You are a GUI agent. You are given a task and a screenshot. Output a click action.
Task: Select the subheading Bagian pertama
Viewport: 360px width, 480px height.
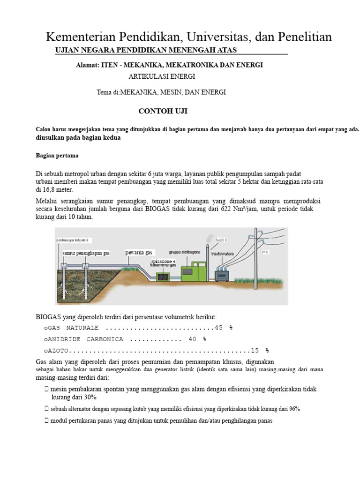pyautogui.click(x=57, y=156)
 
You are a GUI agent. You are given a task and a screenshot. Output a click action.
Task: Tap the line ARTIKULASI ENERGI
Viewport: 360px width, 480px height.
pyautogui.click(x=161, y=76)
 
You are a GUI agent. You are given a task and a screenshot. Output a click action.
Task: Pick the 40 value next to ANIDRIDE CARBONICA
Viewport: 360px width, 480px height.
pyautogui.click(x=193, y=339)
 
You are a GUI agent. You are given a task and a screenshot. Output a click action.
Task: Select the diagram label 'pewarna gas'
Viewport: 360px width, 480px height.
pyautogui.click(x=139, y=252)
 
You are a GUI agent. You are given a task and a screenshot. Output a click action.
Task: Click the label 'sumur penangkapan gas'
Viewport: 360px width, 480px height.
pyautogui.click(x=86, y=253)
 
